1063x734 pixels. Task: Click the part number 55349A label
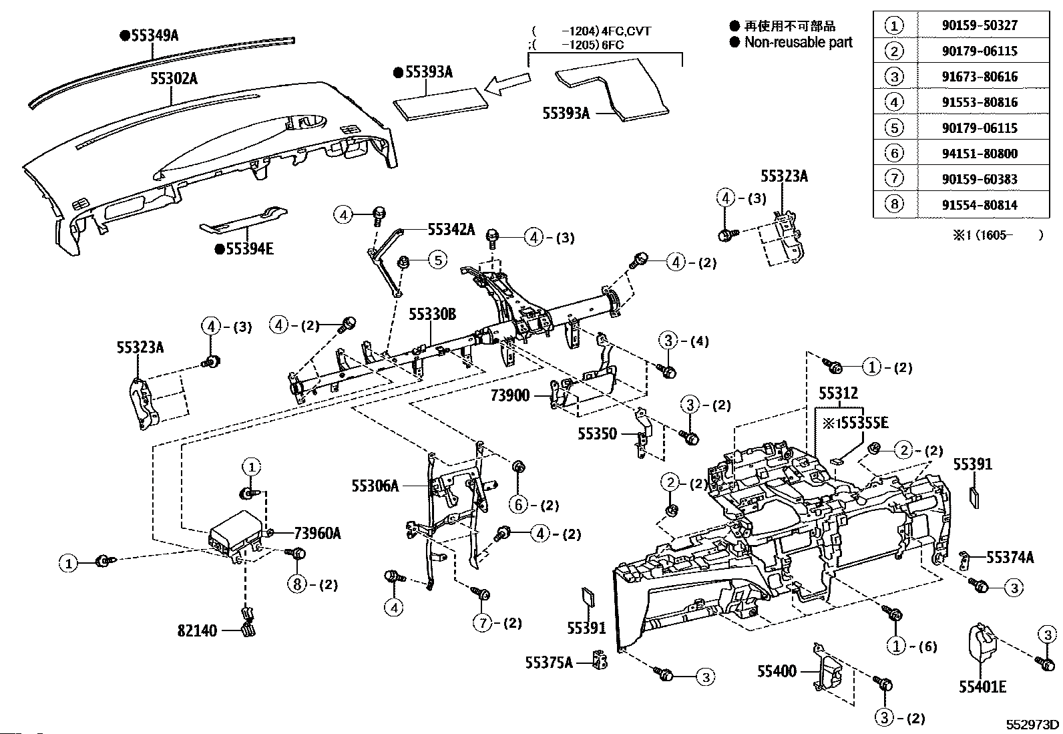pos(154,35)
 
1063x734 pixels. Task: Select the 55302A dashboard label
pos(174,78)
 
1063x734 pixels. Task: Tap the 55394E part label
pos(248,249)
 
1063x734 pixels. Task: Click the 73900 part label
pos(510,395)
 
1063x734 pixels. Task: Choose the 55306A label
pos(375,486)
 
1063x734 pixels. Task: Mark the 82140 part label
pos(198,630)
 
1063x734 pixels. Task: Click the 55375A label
pos(549,663)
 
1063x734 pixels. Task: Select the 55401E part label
pos(982,687)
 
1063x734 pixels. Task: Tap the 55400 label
pos(777,671)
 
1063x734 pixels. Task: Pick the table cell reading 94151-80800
pos(980,154)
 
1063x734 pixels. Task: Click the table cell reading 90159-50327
pos(980,25)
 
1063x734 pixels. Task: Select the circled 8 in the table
pos(894,204)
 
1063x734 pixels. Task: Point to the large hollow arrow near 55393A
pos(507,84)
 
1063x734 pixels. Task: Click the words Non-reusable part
pos(799,42)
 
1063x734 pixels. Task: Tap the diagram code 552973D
pos(1033,725)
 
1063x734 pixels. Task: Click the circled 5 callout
pos(437,259)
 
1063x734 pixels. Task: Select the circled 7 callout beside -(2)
pos(483,623)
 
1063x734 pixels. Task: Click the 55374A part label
pos(1010,557)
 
